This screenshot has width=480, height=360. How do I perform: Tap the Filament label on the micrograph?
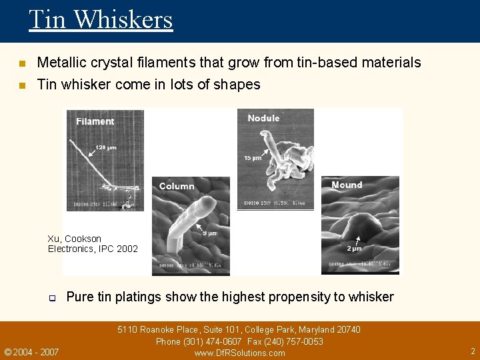click(x=95, y=121)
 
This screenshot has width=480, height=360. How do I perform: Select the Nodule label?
click(x=263, y=118)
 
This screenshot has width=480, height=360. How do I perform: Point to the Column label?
click(x=177, y=186)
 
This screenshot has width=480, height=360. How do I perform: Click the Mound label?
click(x=347, y=185)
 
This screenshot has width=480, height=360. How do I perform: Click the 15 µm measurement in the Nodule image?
click(x=253, y=158)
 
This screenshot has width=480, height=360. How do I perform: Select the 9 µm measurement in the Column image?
click(x=209, y=233)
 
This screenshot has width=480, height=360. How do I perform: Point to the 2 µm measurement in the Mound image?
click(x=354, y=249)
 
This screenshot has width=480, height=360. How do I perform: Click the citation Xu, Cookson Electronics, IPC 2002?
click(x=93, y=244)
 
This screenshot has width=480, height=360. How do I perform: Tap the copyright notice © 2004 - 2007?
click(x=31, y=352)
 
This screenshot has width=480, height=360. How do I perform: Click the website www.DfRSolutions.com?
click(x=239, y=353)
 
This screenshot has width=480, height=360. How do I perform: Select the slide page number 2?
click(x=473, y=351)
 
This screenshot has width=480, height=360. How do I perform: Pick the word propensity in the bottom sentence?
click(x=305, y=297)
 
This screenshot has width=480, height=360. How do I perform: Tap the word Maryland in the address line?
click(x=316, y=330)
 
